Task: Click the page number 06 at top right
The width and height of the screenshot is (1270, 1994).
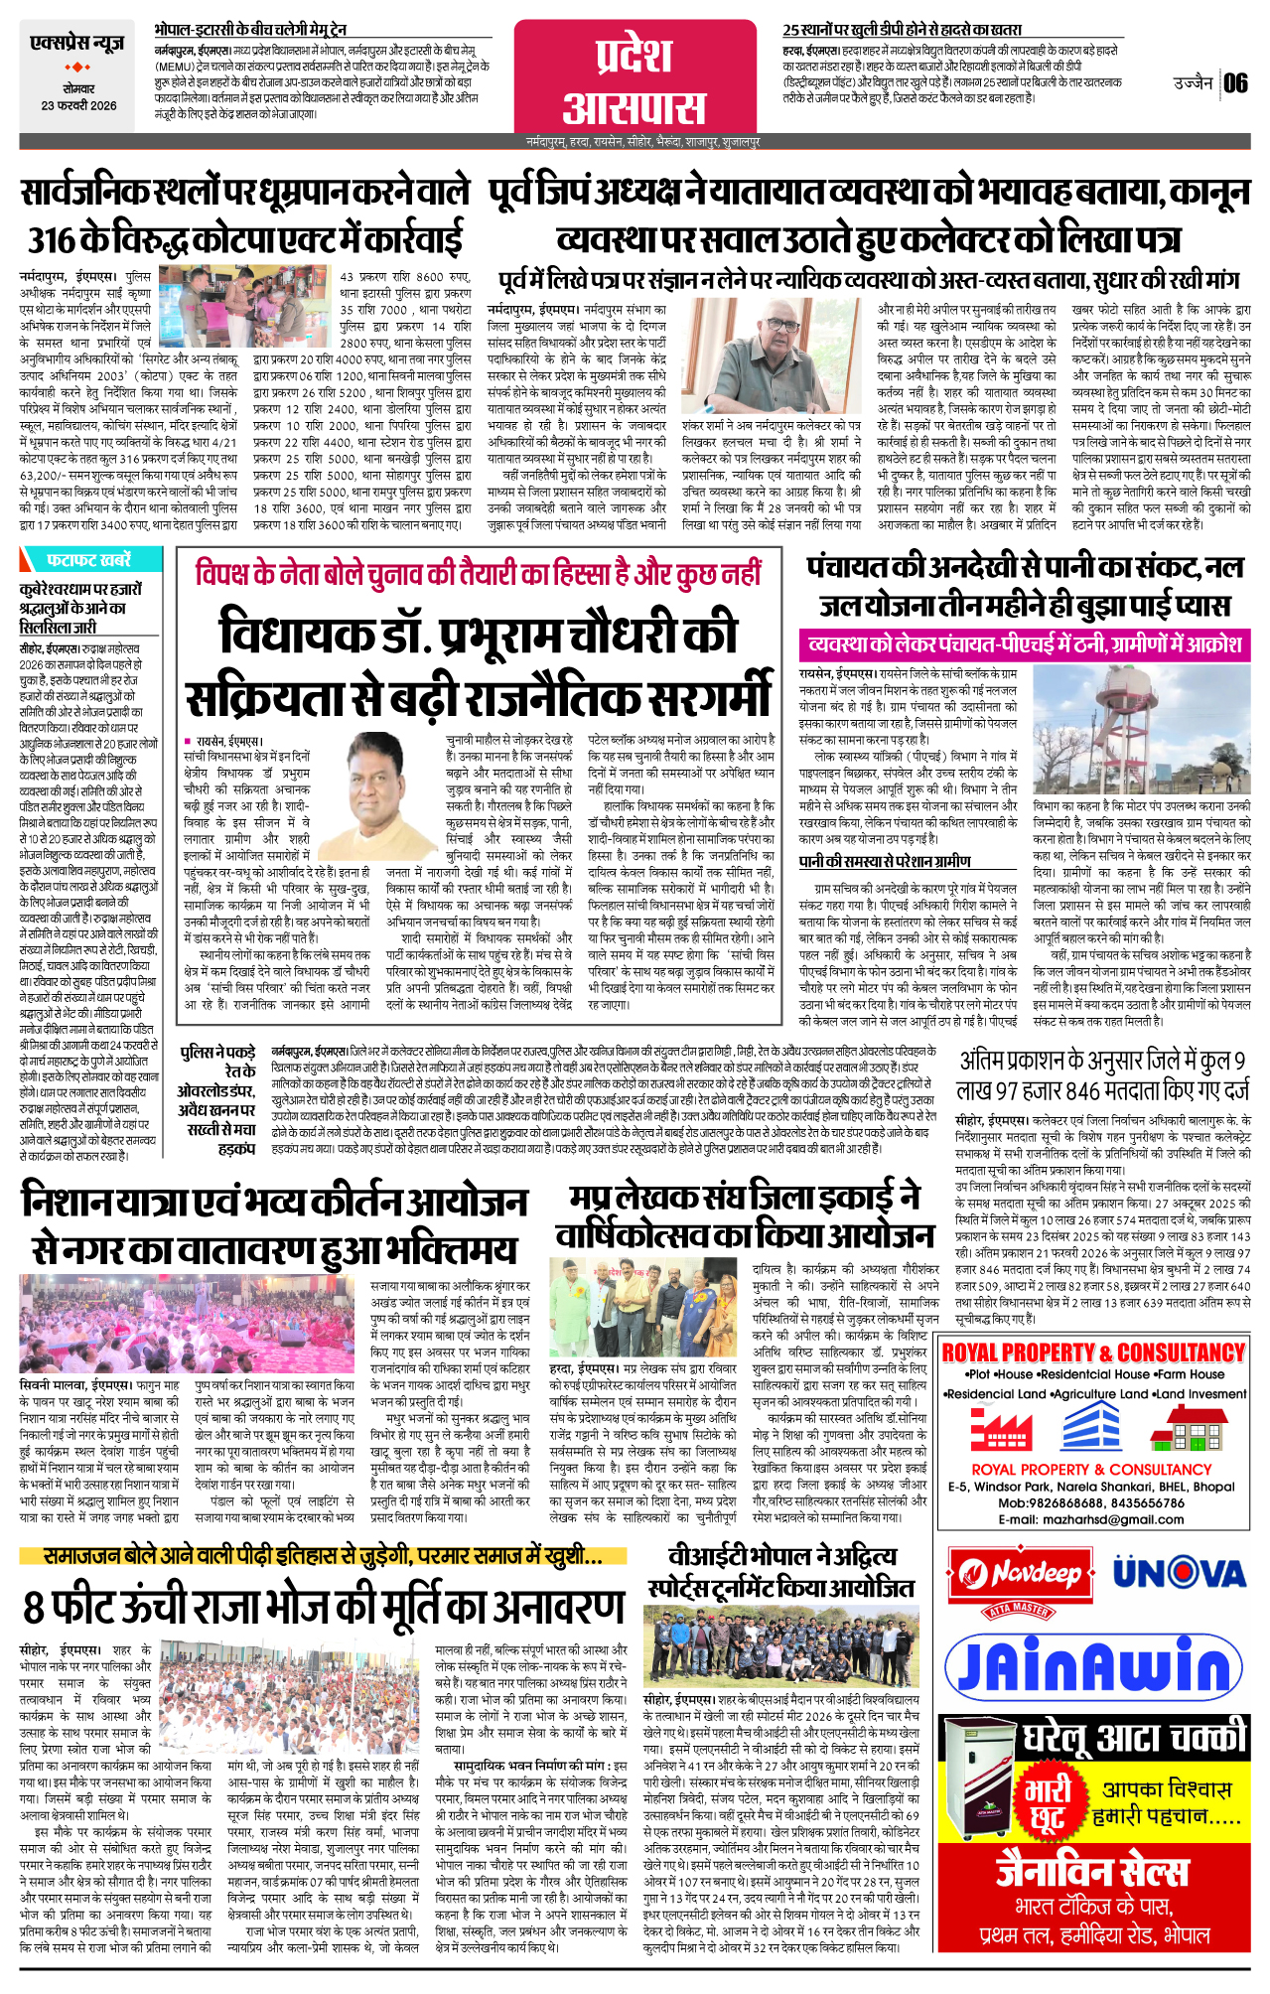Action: pyautogui.click(x=1235, y=82)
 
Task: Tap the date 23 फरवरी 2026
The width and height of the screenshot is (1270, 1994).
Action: pyautogui.click(x=78, y=105)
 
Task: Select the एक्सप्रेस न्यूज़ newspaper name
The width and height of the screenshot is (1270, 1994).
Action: pyautogui.click(x=77, y=44)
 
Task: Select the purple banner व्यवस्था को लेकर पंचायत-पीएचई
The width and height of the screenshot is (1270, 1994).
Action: pyautogui.click(x=1024, y=644)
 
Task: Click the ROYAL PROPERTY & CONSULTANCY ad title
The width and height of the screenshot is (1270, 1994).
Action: pyautogui.click(x=1092, y=1353)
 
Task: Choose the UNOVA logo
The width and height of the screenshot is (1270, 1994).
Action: pyautogui.click(x=1179, y=1573)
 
